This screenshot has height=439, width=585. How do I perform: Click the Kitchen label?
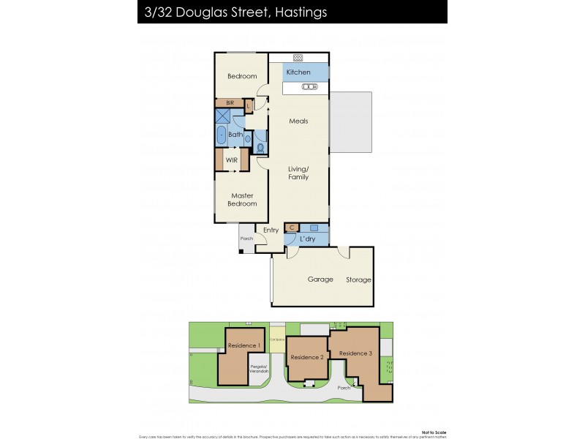point(298,72)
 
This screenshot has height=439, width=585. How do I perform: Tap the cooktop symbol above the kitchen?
point(298,57)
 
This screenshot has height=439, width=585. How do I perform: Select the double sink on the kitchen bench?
point(309,86)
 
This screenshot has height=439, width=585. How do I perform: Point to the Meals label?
point(298,121)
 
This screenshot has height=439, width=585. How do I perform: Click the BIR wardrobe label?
point(230,103)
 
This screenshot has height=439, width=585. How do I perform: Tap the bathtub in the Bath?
point(221,135)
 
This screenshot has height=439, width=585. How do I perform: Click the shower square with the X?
point(222,116)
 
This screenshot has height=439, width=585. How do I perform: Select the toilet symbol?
point(261,147)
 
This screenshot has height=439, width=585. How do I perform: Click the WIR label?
point(231,160)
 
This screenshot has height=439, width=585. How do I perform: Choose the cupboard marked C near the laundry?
point(291,228)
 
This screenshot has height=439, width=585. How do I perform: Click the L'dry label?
point(308,239)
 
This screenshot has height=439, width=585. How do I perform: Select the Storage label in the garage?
point(358,279)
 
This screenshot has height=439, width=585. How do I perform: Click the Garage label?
point(320,279)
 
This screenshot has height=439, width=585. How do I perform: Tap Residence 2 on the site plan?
point(306,357)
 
